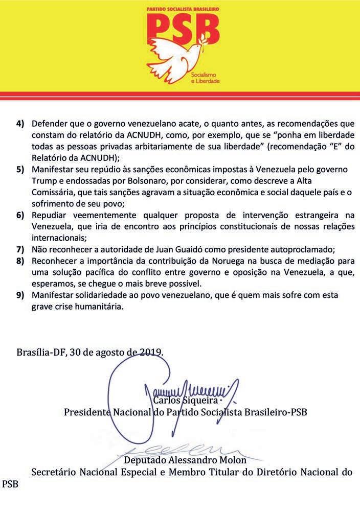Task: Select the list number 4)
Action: pos(20,124)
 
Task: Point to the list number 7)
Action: pos(20,249)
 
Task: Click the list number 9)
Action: pos(20,296)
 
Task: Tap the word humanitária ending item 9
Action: pos(102,307)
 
